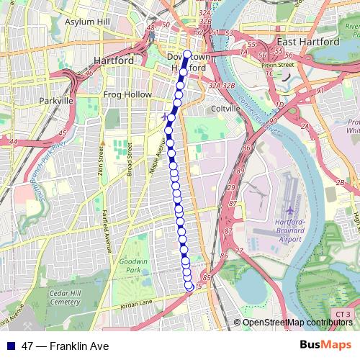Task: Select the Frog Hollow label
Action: tap(127, 94)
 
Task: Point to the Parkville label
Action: tap(57, 101)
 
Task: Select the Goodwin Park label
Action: tap(133, 264)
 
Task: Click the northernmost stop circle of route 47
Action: tap(187, 54)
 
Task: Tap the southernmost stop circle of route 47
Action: tap(189, 286)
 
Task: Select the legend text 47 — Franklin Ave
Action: tap(66, 346)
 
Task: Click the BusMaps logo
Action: tap(325, 346)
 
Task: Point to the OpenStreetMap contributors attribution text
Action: tap(297, 322)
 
